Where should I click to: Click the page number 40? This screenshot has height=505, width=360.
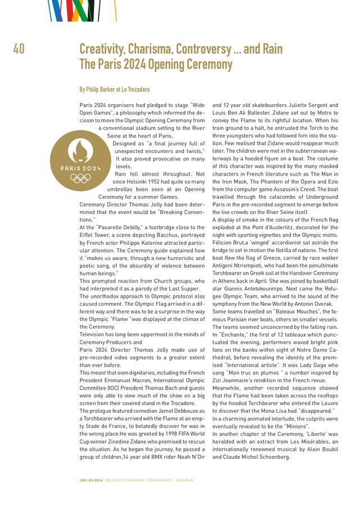(18, 49)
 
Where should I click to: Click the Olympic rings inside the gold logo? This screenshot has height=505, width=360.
(80, 178)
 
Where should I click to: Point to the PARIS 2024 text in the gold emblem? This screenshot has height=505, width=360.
(80, 168)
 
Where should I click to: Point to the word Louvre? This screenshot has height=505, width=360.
(329, 403)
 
